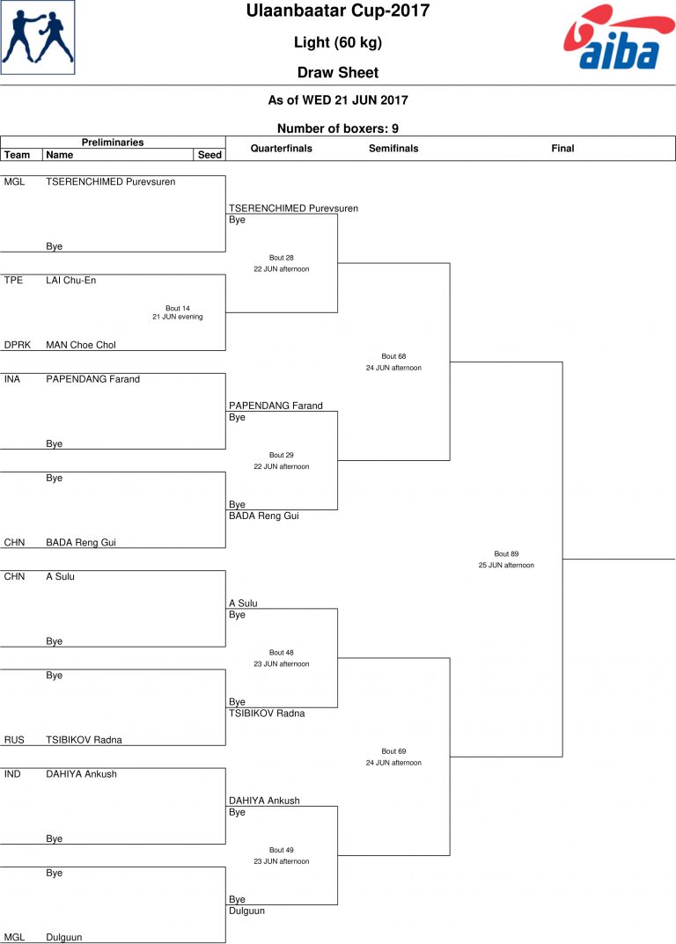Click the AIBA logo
click(x=619, y=37)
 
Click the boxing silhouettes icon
click(x=37, y=37)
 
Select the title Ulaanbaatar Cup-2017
click(x=338, y=11)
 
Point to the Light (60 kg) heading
click(x=338, y=43)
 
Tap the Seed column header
click(x=209, y=155)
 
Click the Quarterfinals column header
click(x=282, y=148)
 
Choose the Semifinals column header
click(x=393, y=148)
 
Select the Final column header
click(x=562, y=148)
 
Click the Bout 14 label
click(x=178, y=308)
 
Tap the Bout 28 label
click(x=282, y=258)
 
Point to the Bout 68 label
click(x=393, y=356)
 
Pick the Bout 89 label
click(x=506, y=554)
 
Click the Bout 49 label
click(x=282, y=850)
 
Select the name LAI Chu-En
click(x=71, y=281)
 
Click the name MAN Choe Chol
click(x=81, y=345)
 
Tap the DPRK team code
click(x=18, y=345)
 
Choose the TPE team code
click(x=13, y=281)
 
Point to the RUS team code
click(x=14, y=740)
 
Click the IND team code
click(x=12, y=774)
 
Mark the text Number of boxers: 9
click(x=338, y=128)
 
